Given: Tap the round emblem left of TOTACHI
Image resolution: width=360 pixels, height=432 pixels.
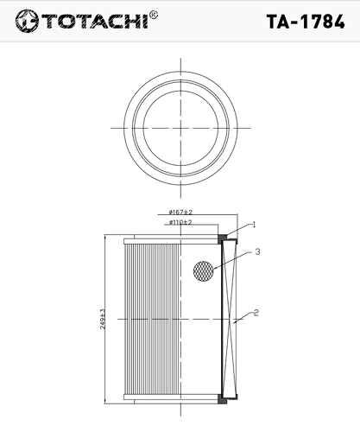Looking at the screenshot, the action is point(27,21).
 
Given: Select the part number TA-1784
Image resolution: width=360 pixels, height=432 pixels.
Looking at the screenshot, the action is point(306,22).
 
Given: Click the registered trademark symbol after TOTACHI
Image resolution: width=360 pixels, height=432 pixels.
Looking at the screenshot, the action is point(154,15).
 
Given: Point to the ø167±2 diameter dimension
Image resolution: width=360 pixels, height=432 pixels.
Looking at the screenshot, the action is point(180,213).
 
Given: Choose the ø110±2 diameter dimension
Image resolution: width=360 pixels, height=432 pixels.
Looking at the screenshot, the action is point(180,222).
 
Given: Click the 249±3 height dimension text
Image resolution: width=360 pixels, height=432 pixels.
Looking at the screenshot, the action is point(103,319).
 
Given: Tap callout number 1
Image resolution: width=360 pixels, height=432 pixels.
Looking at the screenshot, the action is point(254,225).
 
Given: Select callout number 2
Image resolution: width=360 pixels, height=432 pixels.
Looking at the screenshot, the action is point(256,313).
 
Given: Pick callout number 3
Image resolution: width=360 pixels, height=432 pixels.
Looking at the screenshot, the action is point(257,251).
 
